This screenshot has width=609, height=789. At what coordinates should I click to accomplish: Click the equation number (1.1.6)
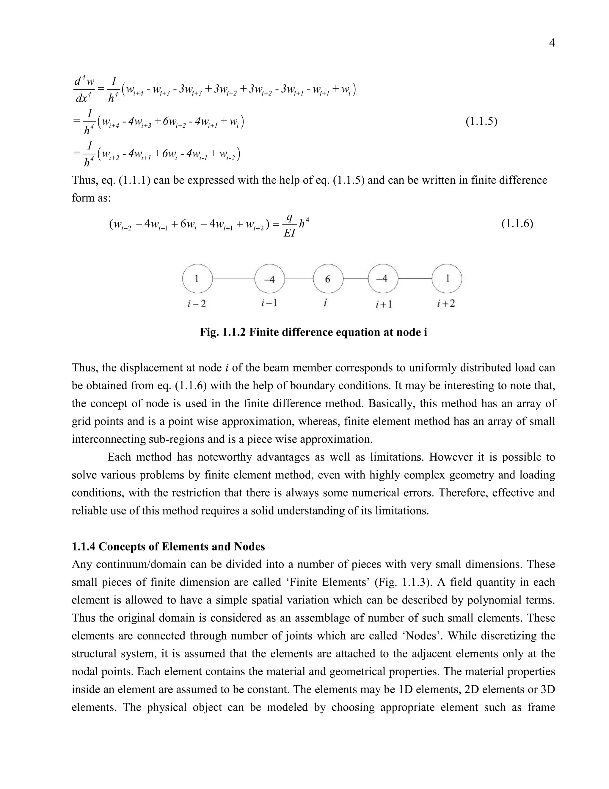click(x=517, y=224)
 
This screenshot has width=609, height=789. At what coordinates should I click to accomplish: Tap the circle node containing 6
click(x=328, y=279)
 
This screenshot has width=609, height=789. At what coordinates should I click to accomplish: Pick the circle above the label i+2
click(x=447, y=279)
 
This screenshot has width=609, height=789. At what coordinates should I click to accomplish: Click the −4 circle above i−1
click(x=269, y=279)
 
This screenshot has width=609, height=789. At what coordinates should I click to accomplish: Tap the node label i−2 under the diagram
click(x=197, y=304)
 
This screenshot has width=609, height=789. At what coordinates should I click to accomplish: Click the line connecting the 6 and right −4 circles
click(x=355, y=279)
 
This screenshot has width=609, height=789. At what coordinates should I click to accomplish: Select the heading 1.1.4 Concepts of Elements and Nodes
click(x=168, y=547)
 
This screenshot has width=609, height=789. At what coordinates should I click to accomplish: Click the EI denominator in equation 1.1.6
click(x=289, y=233)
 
